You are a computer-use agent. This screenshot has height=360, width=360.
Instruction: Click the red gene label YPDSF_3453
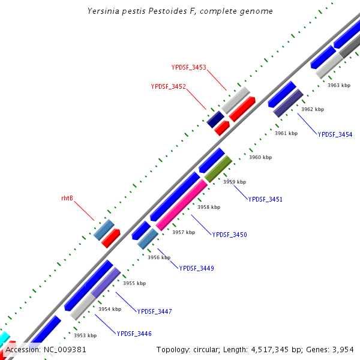click(188, 68)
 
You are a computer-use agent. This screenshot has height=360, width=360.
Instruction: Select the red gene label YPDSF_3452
click(168, 86)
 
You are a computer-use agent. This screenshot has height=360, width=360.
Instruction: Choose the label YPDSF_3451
click(265, 199)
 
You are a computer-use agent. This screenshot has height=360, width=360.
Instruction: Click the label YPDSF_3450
click(229, 235)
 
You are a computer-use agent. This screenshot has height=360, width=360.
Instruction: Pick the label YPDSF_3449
click(196, 268)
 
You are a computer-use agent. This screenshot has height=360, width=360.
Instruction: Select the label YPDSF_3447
click(154, 311)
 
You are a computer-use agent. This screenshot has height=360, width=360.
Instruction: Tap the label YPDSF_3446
click(134, 333)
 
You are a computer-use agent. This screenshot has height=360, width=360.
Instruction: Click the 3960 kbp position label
click(260, 157)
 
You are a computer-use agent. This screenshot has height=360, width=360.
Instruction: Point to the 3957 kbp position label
click(184, 232)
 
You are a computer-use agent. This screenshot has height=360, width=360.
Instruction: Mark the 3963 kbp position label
click(338, 85)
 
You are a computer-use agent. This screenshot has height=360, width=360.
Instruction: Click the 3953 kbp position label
click(85, 335)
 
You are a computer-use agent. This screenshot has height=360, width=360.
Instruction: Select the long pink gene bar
click(182, 205)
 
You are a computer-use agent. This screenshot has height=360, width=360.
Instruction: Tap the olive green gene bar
click(218, 169)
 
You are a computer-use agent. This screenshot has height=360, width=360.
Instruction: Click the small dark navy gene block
click(215, 119)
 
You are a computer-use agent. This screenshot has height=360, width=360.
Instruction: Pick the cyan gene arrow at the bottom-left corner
click(4, 338)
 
